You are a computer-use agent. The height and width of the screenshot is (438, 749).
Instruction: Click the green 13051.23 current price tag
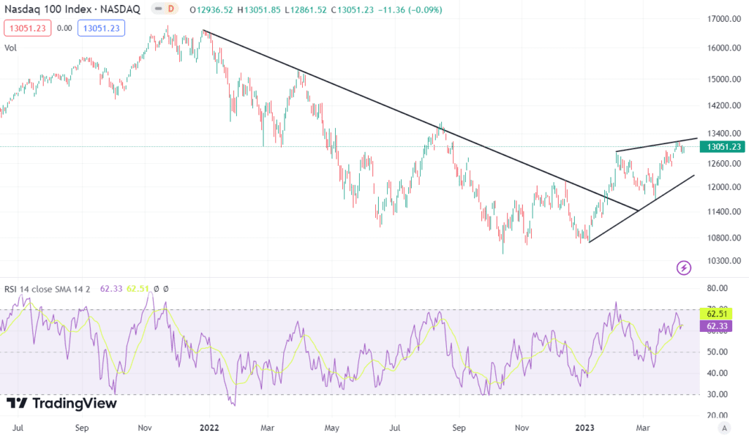[721, 146]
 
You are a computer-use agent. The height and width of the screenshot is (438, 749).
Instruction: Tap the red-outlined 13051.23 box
[26, 29]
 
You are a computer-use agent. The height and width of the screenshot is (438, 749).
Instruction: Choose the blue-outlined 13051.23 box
[103, 29]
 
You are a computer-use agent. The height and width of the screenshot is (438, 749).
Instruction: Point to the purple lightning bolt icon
[684, 268]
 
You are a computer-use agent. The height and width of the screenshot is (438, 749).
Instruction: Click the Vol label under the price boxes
[11, 48]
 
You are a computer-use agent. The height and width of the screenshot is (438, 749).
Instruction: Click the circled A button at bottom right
[724, 427]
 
